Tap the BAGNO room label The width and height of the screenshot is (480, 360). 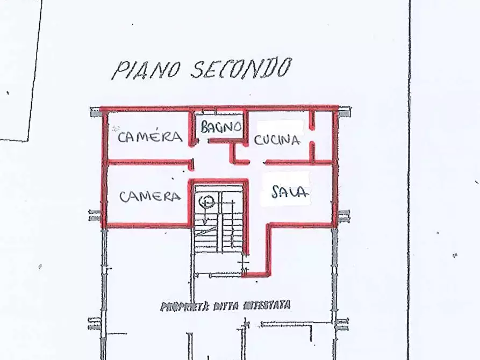220,127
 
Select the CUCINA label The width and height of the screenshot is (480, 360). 276,141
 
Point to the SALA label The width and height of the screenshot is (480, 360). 291,192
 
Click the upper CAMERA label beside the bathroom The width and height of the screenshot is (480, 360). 150,137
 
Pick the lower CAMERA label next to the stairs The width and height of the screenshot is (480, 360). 150,196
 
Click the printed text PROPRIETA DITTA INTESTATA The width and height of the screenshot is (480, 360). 226,306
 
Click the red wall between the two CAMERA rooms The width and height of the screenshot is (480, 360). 148,161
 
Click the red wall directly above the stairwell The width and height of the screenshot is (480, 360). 219,181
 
